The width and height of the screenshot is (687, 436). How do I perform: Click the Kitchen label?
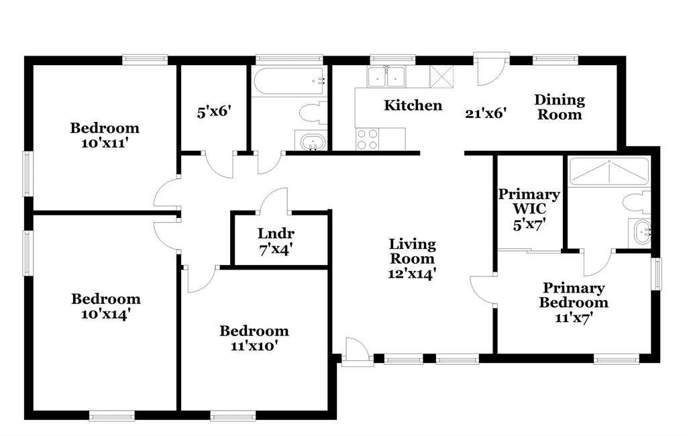[413, 105]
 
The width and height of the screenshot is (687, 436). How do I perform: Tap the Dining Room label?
[560, 107]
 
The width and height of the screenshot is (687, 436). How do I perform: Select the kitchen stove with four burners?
[367, 140]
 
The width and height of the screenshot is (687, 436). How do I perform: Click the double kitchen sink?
[386, 77]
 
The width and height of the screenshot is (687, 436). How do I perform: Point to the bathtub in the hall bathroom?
[289, 80]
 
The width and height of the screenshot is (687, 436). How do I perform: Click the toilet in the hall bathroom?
[313, 113]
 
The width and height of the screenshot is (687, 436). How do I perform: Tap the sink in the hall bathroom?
[313, 142]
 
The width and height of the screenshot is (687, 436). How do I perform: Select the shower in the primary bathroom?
[609, 172]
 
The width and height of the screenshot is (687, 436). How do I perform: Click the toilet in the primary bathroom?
[637, 203]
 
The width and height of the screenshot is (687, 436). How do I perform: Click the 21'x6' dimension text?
[486, 113]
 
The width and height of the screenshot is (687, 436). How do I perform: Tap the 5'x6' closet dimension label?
[214, 112]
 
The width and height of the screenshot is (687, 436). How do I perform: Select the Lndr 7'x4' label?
[276, 241]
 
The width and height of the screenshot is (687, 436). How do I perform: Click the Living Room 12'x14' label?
[413, 258]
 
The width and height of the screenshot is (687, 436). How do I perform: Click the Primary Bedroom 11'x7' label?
[574, 303]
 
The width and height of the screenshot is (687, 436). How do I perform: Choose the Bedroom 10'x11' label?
[105, 135]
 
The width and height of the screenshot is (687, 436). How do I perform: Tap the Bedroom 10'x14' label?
[106, 307]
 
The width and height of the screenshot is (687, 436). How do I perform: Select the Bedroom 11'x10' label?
[254, 338]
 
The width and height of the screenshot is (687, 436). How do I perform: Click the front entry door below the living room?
[358, 352]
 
